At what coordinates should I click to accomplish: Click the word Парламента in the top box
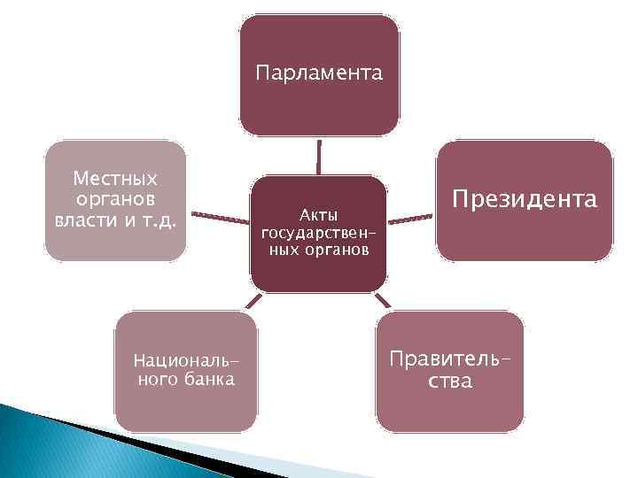(x=319, y=73)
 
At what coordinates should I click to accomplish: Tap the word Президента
(x=525, y=200)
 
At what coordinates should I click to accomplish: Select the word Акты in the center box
(x=316, y=215)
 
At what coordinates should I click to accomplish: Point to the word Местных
(x=115, y=179)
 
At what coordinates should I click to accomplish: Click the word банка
(x=205, y=380)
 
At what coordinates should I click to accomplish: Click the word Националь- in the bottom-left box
(x=186, y=362)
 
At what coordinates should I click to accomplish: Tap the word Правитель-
(x=449, y=361)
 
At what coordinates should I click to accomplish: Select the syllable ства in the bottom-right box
(x=448, y=382)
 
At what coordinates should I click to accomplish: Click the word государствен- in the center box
(x=315, y=233)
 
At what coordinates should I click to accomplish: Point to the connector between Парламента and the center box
(x=318, y=156)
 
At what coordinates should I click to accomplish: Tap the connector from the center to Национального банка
(x=252, y=301)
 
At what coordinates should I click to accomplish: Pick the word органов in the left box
(x=115, y=199)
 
